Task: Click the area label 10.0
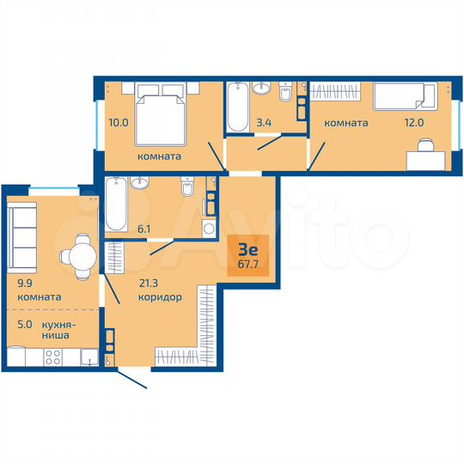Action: pyautogui.click(x=118, y=123)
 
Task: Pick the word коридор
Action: pyautogui.click(x=159, y=297)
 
